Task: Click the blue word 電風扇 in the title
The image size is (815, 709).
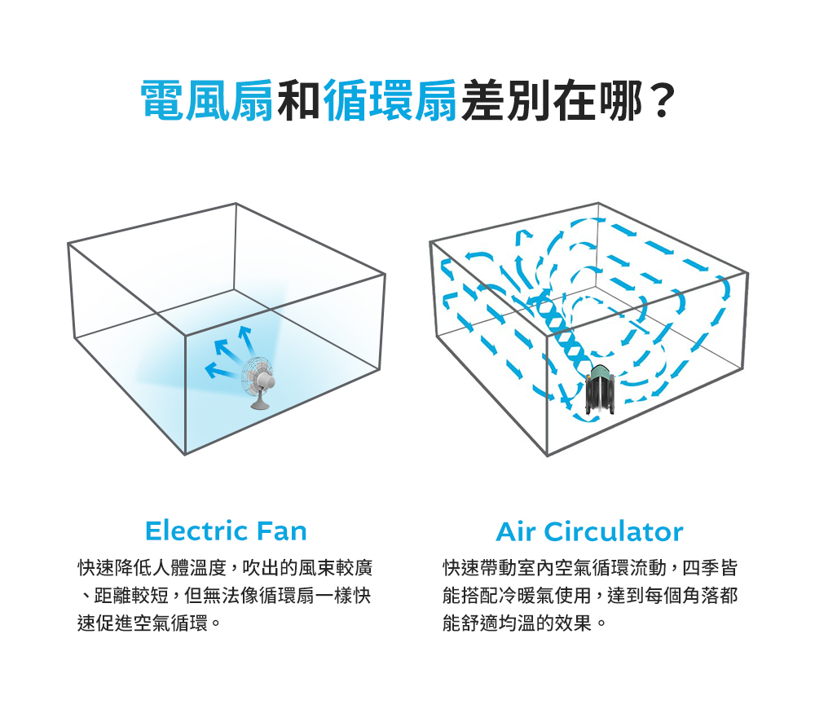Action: [207, 100]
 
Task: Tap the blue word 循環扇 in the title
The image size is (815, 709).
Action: [390, 100]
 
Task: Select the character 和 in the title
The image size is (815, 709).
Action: [298, 100]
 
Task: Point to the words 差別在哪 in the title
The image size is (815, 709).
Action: [551, 100]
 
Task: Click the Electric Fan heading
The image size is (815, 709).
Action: [226, 531]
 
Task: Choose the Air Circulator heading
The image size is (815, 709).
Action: [589, 531]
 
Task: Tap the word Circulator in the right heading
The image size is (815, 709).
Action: [614, 531]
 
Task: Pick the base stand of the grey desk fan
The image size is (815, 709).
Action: [260, 403]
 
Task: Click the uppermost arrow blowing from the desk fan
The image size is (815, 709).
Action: [245, 340]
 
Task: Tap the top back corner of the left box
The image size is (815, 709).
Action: [236, 203]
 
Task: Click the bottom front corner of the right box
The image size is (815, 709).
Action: [547, 456]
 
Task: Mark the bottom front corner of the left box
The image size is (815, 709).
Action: [185, 455]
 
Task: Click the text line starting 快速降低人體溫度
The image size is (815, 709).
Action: [225, 568]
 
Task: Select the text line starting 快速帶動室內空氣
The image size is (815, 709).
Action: [590, 568]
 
